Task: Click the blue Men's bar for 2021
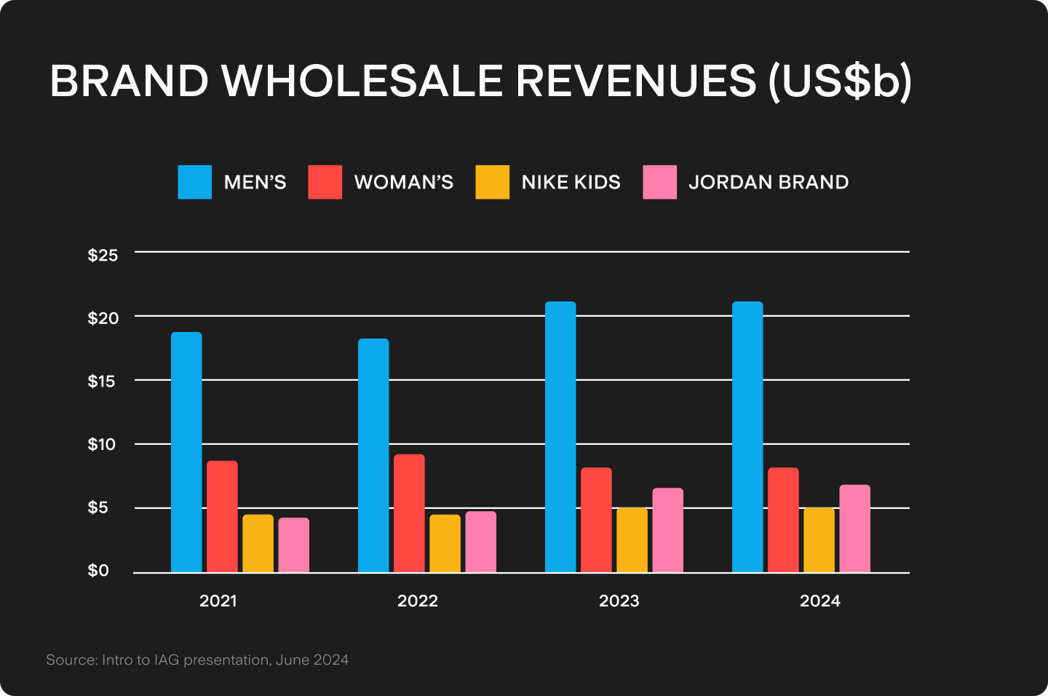[x=186, y=452]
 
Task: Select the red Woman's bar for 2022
[x=409, y=513]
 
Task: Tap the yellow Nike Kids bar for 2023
[x=632, y=539]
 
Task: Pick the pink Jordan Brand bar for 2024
[x=854, y=529]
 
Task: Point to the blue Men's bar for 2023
[x=560, y=437]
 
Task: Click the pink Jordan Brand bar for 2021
[x=293, y=545]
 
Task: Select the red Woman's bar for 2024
[x=783, y=520]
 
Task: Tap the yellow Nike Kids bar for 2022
[x=445, y=543]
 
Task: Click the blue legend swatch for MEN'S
[x=195, y=182]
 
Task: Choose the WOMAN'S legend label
[x=404, y=182]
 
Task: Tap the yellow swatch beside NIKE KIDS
[x=493, y=182]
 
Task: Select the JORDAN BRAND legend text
[x=769, y=182]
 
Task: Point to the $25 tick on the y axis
[x=103, y=256]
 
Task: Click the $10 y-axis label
[x=103, y=444]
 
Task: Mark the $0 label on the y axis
[x=98, y=571]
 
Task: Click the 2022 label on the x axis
[x=418, y=601]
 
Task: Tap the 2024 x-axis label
[x=820, y=601]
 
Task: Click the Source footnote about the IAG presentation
[x=197, y=660]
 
